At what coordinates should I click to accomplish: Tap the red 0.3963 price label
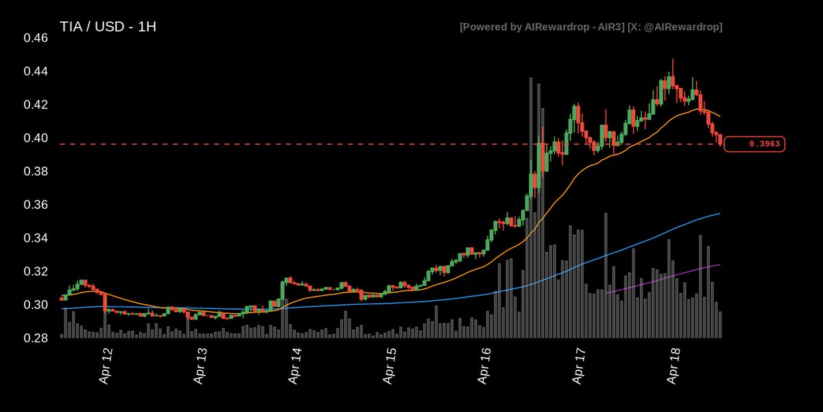754,144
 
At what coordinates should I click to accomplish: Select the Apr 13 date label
200,365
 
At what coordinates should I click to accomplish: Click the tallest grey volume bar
531,206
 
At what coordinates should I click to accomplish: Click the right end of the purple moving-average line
719,264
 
